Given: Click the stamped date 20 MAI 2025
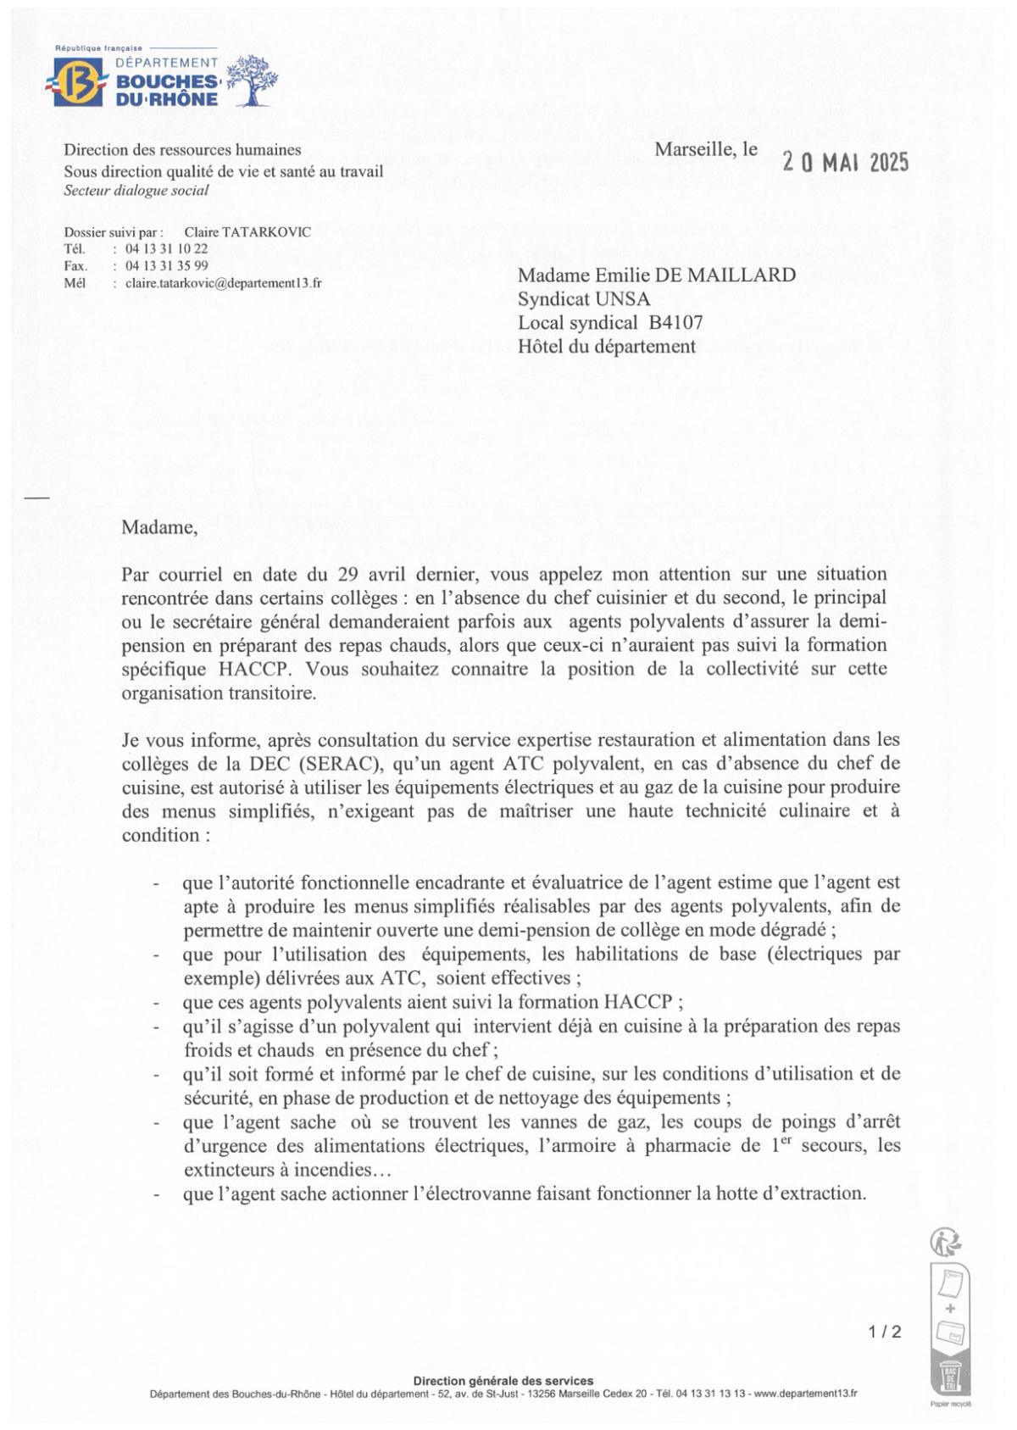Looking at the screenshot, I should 845,162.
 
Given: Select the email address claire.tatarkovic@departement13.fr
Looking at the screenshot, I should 223,283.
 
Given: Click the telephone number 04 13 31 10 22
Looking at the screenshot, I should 166,248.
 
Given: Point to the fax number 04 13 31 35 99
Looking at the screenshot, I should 166,265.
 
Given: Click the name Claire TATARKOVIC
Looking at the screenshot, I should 247,232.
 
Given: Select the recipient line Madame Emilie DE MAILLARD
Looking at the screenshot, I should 657,275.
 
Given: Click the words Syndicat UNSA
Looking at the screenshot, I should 584,298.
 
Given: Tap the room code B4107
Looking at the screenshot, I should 675,322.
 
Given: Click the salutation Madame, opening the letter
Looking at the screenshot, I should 159,527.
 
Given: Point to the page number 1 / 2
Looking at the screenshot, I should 884,1332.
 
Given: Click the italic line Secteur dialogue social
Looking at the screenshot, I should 136,190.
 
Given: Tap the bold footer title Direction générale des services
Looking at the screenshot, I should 503,1381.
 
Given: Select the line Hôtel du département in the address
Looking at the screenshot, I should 606,346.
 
